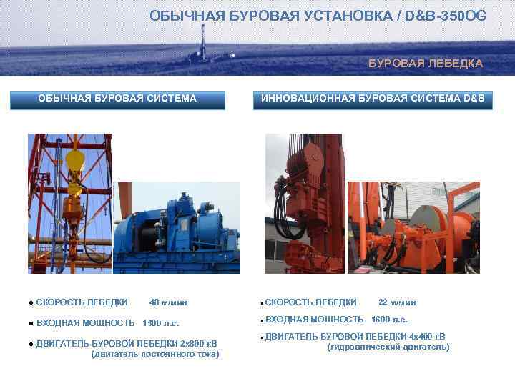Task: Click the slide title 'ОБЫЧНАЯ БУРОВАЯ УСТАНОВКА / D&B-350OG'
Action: coord(318,16)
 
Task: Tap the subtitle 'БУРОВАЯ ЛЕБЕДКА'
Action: coord(426,64)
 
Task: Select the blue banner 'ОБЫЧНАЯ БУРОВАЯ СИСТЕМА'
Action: coord(117,99)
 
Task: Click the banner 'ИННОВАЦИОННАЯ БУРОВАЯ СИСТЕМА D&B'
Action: coord(373,99)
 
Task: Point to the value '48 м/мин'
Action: coord(169,302)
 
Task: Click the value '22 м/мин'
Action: coord(397,302)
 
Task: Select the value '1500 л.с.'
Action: coord(161,323)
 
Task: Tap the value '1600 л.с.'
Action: coord(390,320)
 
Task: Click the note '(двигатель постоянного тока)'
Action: coord(155,354)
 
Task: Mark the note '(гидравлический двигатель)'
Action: coord(388,347)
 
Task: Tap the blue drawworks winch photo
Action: coord(178,229)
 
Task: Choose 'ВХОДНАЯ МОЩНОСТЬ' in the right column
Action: coord(315,320)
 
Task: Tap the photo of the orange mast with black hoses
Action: coord(304,204)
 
